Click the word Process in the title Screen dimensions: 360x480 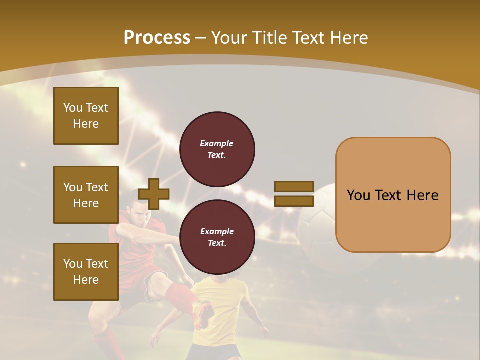pyautogui.click(x=157, y=37)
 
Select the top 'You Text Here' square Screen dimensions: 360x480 pyautogui.click(x=86, y=116)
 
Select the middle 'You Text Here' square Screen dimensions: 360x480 pyautogui.click(x=86, y=195)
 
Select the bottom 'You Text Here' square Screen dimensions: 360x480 pyautogui.click(x=86, y=271)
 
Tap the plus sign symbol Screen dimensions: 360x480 pyautogui.click(x=154, y=194)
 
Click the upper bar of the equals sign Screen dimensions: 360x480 pyautogui.click(x=294, y=187)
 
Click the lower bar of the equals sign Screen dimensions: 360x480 pyautogui.click(x=294, y=201)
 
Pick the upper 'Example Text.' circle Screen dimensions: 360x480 pyautogui.click(x=217, y=149)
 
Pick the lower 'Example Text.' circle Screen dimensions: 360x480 pyautogui.click(x=217, y=237)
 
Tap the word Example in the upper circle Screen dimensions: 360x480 pyautogui.click(x=217, y=143)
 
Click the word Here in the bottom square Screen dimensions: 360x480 pyautogui.click(x=86, y=280)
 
